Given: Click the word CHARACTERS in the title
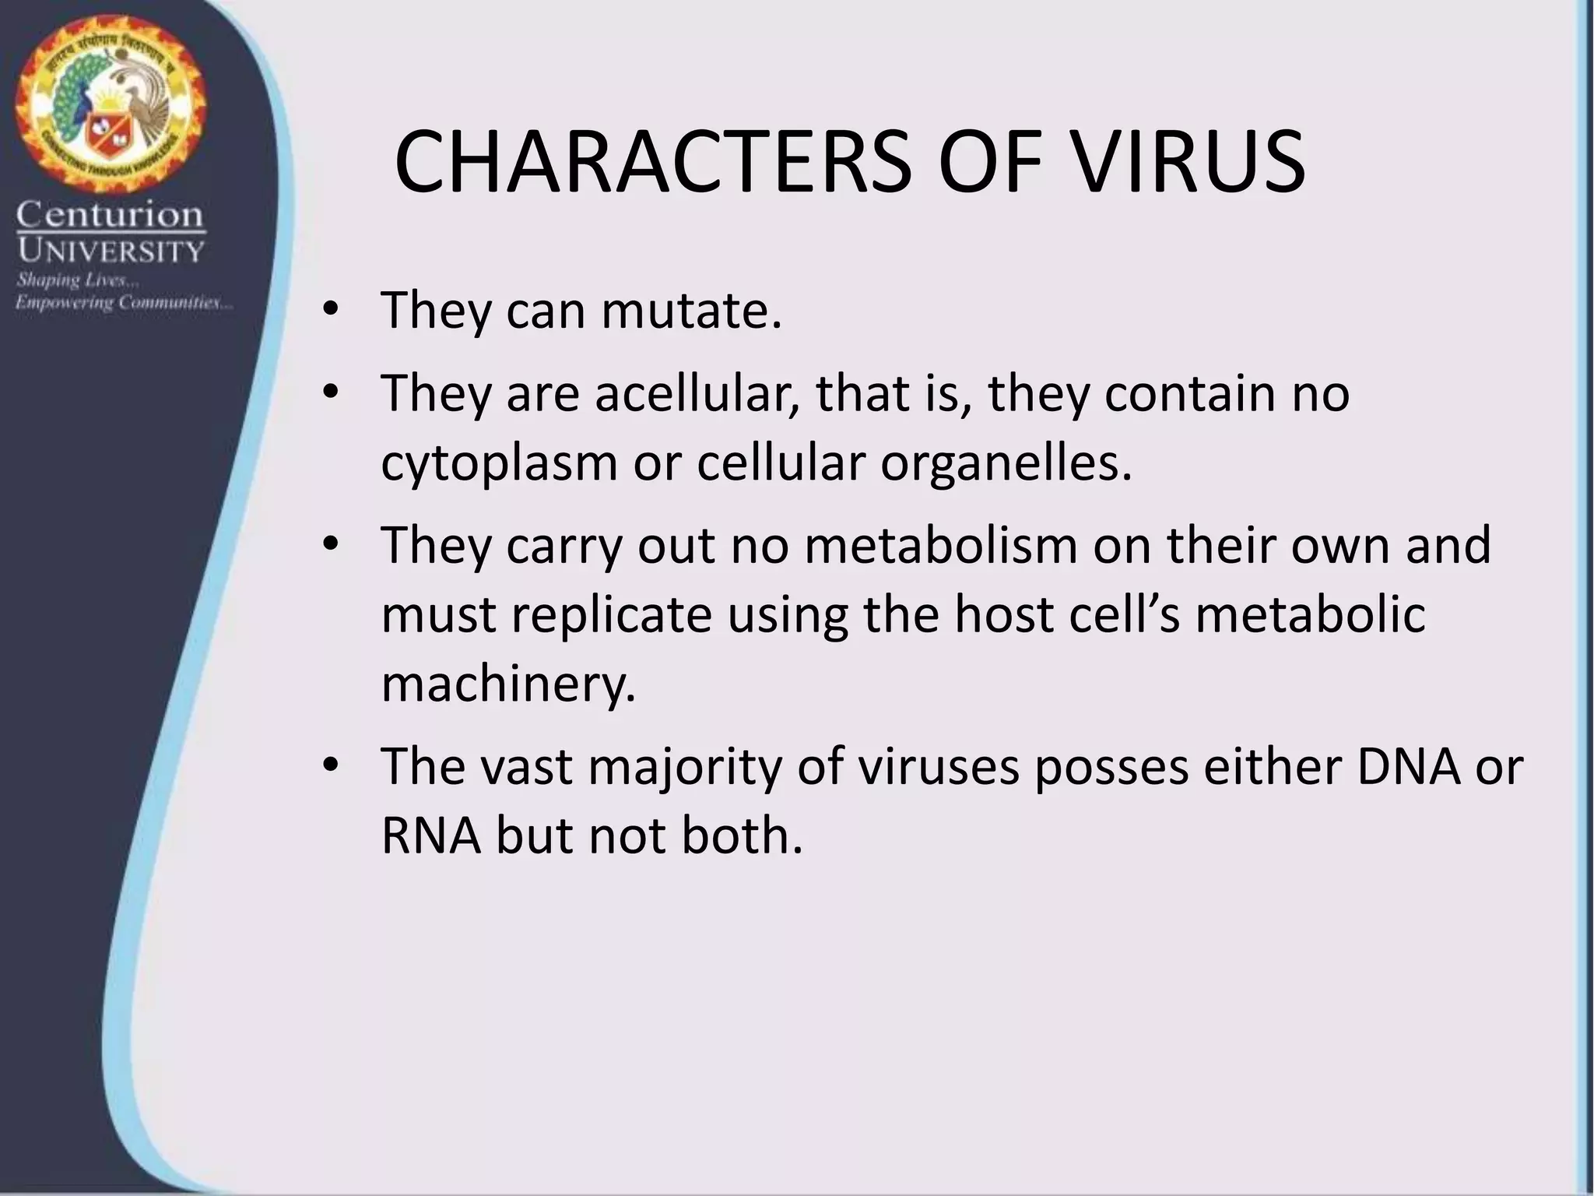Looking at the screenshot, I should coord(651,164).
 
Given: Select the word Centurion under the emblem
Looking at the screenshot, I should coord(110,215).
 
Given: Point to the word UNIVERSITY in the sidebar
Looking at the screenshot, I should coord(111,251).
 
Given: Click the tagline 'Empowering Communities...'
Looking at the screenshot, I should coord(124,302).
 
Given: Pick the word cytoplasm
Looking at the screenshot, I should coord(498,463).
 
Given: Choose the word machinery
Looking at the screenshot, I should coord(508,684).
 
